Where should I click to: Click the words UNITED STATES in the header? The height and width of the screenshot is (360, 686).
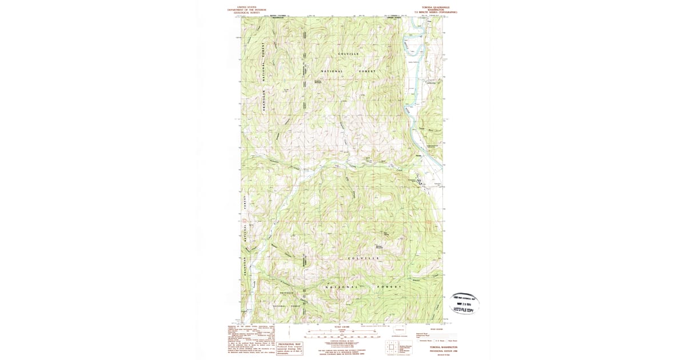click(x=243, y=7)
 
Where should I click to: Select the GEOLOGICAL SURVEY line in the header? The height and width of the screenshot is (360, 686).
click(x=243, y=13)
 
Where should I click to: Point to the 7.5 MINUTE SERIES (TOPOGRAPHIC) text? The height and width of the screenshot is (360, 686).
click(x=440, y=13)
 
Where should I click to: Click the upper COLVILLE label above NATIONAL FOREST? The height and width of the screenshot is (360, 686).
click(x=348, y=54)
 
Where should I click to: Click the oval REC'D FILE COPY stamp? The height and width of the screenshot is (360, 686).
click(x=464, y=304)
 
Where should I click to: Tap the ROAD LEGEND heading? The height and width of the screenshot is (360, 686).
click(x=436, y=329)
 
